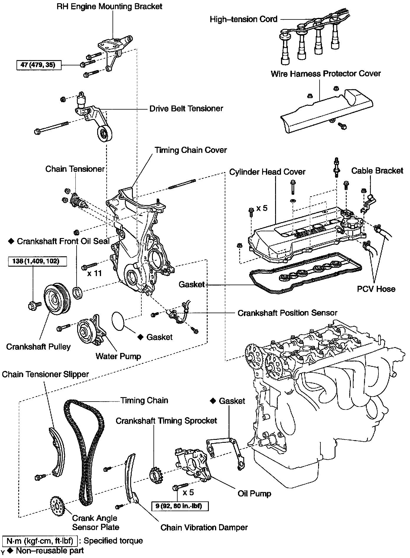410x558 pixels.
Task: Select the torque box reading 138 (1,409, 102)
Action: pos(36,261)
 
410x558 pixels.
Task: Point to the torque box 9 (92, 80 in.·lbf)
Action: pos(180,506)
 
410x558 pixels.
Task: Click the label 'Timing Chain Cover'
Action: pos(191,150)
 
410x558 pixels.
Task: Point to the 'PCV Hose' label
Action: pos(376,289)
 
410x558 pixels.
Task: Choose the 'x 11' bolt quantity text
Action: pos(94,273)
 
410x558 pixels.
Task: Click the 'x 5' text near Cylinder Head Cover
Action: pos(262,208)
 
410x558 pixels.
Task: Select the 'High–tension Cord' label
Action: pos(244,19)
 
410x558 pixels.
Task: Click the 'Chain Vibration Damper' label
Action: pos(204,527)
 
